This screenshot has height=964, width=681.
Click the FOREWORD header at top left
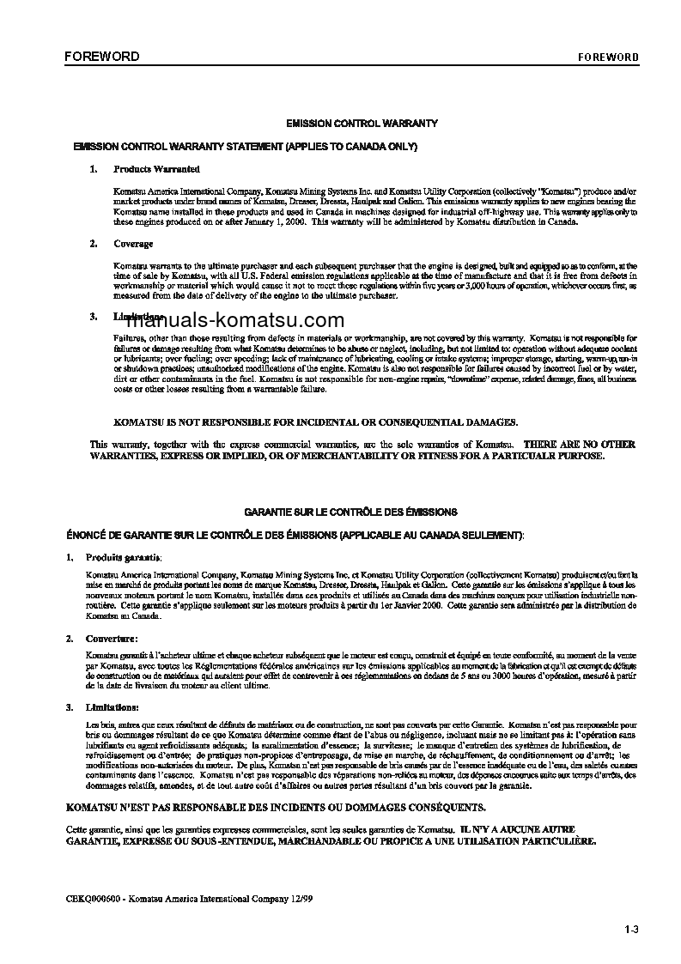pos(101,57)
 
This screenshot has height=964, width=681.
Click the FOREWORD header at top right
pos(607,58)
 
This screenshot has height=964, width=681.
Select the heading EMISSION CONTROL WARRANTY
pos(362,124)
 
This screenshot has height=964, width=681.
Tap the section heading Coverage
pos(133,244)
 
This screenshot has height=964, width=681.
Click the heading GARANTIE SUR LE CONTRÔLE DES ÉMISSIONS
pos(350,512)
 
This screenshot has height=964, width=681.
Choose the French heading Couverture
pos(112,639)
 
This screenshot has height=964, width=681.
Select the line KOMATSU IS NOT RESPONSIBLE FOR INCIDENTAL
pos(316,422)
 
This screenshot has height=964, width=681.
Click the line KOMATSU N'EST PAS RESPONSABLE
pos(275,808)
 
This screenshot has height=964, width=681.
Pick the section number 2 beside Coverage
pos(93,244)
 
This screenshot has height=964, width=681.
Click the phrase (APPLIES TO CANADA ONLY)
pos(350,147)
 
